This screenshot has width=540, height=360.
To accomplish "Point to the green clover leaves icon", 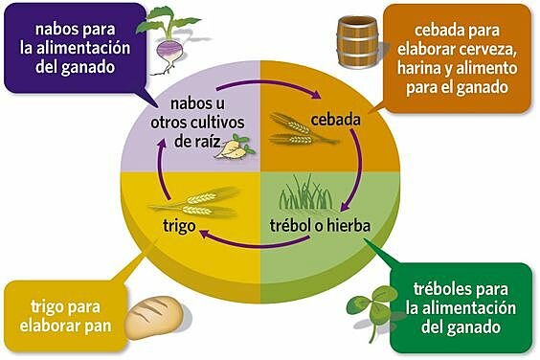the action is [366, 302].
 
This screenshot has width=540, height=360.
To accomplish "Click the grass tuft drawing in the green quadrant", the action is [305, 194].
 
